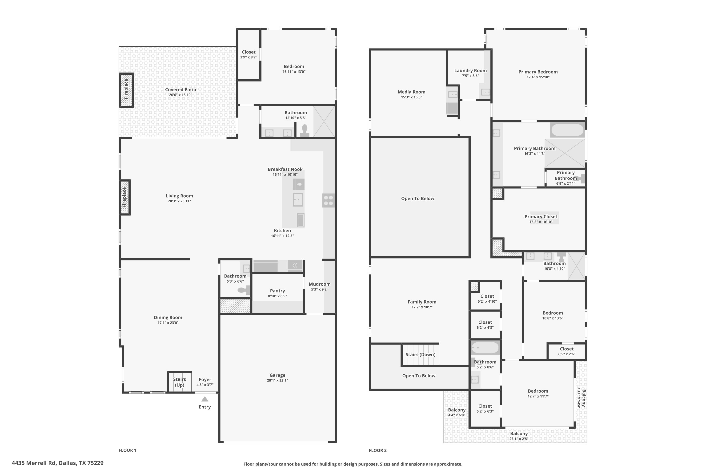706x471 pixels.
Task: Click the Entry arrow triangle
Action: click(205, 399)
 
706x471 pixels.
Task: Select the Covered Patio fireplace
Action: click(126, 90)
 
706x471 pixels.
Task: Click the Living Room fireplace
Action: click(125, 197)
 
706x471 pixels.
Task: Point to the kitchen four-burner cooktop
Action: click(328, 200)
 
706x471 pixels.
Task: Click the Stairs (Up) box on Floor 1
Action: click(180, 382)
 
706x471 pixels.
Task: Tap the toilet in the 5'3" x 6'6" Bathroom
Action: click(244, 290)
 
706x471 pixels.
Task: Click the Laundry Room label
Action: click(470, 71)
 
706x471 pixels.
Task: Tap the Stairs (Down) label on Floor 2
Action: click(420, 354)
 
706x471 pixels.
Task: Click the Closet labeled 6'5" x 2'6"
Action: click(566, 351)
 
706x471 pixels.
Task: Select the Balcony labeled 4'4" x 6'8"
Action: click(457, 412)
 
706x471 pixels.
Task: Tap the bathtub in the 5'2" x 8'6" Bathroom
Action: click(485, 348)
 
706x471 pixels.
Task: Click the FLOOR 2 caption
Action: click(378, 450)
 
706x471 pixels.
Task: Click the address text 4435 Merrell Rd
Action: click(58, 463)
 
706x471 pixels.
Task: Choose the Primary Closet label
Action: click(541, 217)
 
